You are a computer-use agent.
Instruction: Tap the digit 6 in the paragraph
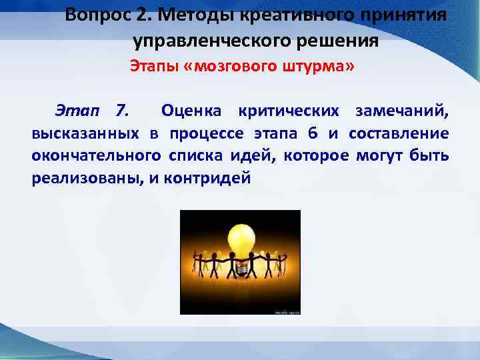313,133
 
